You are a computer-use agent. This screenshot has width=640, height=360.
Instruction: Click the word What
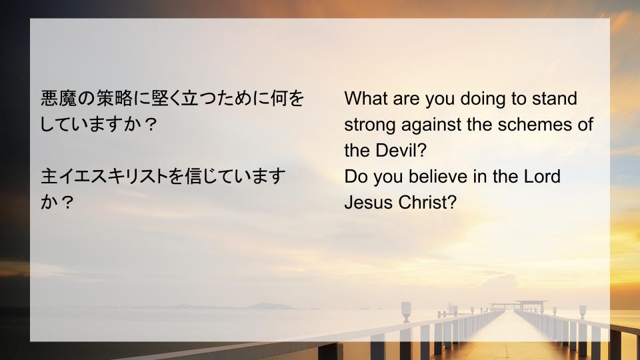tap(366, 99)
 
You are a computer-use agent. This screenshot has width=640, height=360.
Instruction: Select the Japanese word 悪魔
tap(59, 99)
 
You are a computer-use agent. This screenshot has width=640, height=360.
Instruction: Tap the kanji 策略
tap(114, 99)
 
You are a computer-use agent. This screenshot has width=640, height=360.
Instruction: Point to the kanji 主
tap(49, 176)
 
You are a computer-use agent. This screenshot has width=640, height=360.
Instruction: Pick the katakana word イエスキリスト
tap(113, 176)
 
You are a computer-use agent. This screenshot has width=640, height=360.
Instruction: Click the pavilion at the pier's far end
tap(519, 305)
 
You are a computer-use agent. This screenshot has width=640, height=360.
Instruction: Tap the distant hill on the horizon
tap(270, 306)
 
